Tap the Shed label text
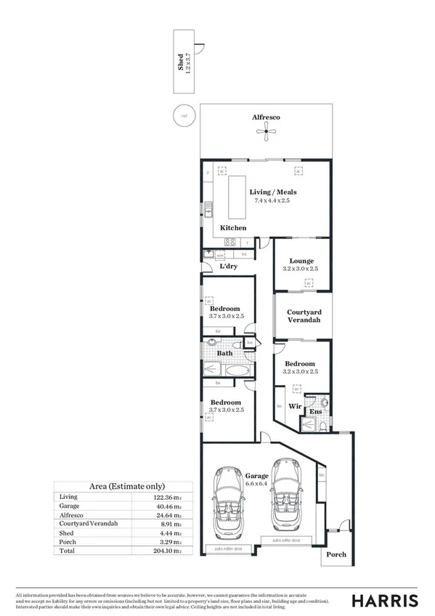(x=180, y=62)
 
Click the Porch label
(x=336, y=555)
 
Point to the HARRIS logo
(x=385, y=600)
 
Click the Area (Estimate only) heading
(x=126, y=486)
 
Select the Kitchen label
(x=234, y=228)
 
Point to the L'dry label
(x=229, y=267)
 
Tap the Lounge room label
(x=301, y=261)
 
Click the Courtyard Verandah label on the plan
(x=301, y=316)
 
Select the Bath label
(x=225, y=354)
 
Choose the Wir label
(x=296, y=406)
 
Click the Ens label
(x=316, y=413)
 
